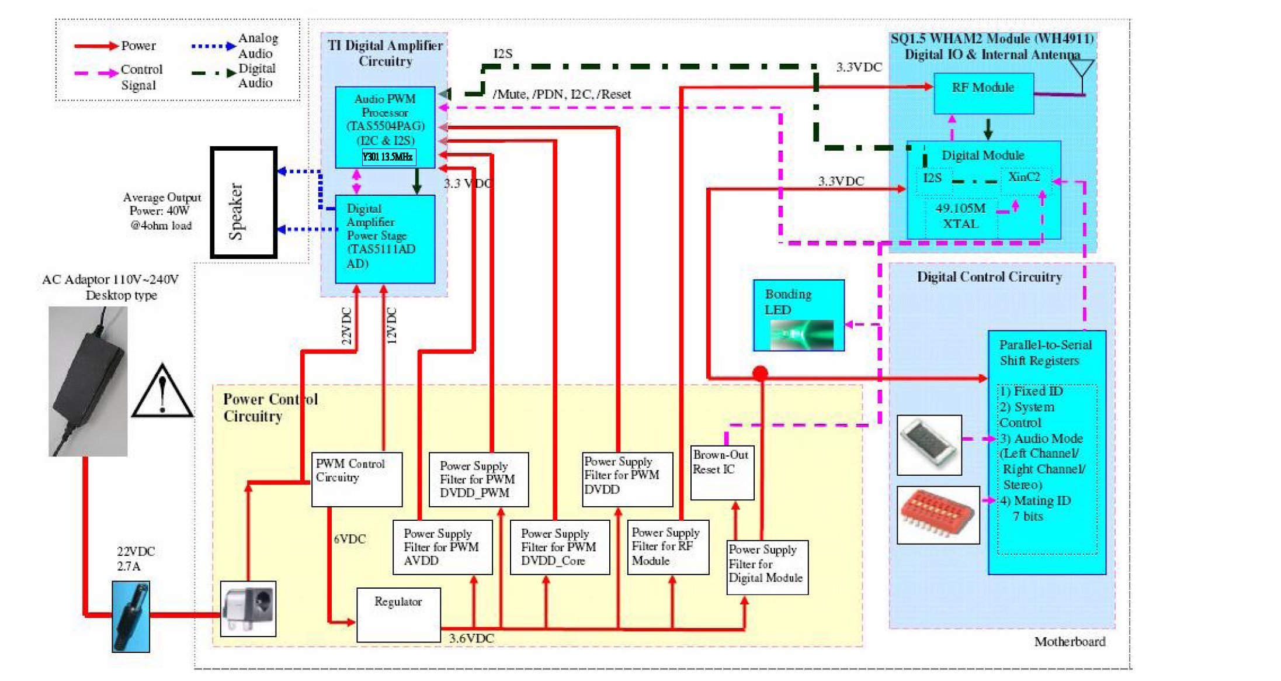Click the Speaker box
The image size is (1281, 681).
click(244, 202)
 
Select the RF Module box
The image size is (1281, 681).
click(983, 93)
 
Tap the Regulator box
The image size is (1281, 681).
click(398, 615)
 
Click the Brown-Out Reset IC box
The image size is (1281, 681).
click(722, 473)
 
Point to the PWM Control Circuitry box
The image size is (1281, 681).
click(356, 479)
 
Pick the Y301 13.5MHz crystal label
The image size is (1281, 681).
click(388, 157)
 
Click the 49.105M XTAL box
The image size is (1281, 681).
click(960, 216)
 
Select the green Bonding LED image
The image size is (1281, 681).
click(801, 335)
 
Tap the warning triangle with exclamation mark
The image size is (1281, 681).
click(162, 392)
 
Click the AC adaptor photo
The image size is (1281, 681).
click(88, 381)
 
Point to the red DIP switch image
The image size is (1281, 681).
click(937, 514)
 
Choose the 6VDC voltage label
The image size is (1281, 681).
click(349, 539)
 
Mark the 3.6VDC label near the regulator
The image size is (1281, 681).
click(471, 638)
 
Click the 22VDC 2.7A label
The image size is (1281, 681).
click(136, 559)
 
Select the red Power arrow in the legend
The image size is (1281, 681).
click(96, 46)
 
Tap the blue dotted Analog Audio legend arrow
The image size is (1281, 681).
click(213, 46)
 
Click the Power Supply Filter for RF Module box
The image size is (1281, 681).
click(668, 547)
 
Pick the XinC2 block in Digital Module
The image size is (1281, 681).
click(1024, 177)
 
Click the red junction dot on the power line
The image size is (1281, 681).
click(760, 373)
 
